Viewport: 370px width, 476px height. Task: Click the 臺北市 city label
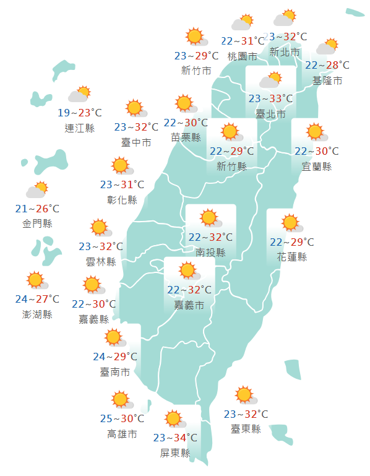click(270, 114)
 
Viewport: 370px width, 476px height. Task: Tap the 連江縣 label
click(80, 128)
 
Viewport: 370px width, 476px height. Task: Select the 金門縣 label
click(37, 223)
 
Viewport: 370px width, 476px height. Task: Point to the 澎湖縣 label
click(37, 314)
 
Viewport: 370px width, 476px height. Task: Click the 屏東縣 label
click(175, 452)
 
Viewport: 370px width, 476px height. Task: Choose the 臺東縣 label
click(246, 429)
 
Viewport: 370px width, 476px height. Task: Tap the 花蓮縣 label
click(291, 257)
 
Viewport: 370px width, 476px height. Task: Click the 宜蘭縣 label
click(316, 167)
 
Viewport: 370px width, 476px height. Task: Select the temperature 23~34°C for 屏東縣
click(175, 438)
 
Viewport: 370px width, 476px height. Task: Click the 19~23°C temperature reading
click(80, 113)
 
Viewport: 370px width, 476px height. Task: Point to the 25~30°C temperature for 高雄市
click(122, 419)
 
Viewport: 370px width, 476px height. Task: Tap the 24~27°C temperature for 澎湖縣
click(37, 300)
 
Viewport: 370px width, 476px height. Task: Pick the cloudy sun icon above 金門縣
click(37, 189)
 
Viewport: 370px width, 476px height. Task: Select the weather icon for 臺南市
click(114, 338)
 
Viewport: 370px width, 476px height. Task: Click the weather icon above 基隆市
click(327, 47)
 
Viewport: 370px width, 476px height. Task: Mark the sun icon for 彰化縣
click(121, 166)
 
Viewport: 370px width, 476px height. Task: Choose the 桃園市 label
click(242, 56)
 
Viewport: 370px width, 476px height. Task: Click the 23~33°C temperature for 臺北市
click(270, 98)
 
